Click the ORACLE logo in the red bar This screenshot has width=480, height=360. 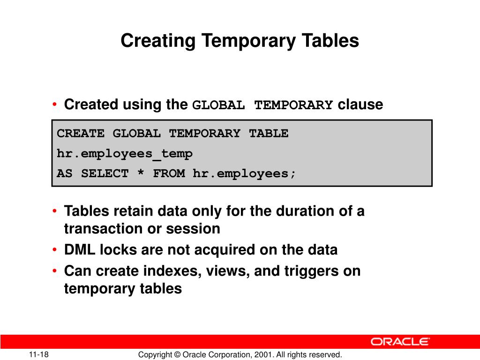pos(400,342)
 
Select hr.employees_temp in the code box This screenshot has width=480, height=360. pos(125,154)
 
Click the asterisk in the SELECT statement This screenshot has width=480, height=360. pos(141,174)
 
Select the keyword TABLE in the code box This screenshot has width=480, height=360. pos(269,134)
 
